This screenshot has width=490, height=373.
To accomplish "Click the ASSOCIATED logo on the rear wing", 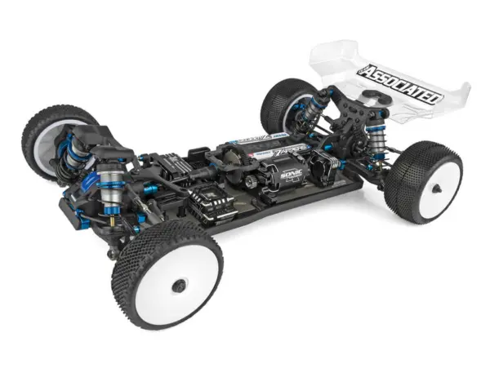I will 402,84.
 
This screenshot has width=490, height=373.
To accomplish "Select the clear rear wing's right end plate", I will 457,94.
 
